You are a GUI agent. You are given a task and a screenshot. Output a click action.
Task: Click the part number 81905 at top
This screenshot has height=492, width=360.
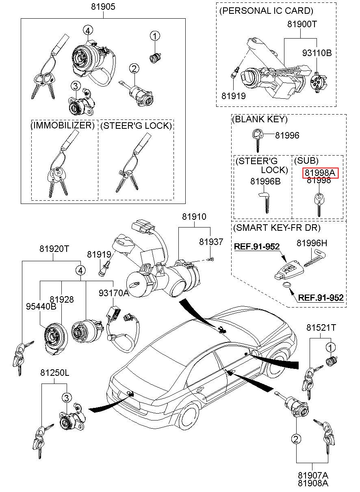click(x=103, y=7)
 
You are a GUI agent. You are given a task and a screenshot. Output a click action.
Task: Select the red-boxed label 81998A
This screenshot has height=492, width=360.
click(x=321, y=173)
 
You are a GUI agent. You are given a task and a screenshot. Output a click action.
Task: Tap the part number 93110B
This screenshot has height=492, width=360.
click(x=317, y=53)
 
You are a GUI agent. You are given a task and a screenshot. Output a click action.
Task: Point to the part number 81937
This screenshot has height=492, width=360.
click(x=211, y=242)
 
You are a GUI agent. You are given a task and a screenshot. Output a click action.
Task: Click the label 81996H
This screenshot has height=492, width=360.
click(x=312, y=243)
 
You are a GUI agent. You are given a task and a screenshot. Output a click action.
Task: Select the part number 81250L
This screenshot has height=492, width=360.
click(x=54, y=373)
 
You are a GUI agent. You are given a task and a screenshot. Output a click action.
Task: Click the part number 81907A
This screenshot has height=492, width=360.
click(x=313, y=475)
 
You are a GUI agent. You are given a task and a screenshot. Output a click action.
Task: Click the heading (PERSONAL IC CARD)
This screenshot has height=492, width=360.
click(x=266, y=11)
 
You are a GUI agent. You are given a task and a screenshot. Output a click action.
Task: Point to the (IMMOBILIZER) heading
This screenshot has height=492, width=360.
click(x=63, y=126)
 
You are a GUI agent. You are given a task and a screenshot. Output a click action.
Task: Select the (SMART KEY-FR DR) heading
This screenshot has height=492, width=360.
click(x=276, y=228)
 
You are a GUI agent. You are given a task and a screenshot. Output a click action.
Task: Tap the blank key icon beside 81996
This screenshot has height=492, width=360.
click(x=257, y=137)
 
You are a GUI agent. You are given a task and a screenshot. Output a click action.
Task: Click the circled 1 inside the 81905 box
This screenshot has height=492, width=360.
click(x=155, y=37)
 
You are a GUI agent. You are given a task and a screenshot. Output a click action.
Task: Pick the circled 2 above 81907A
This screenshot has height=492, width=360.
click(x=296, y=438)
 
